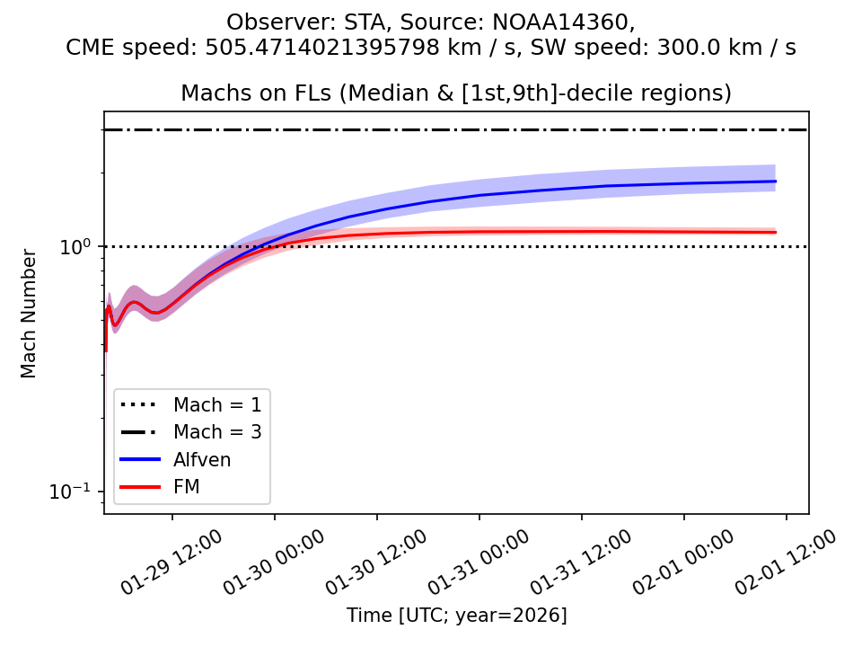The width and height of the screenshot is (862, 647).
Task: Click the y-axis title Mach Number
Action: (x=30, y=313)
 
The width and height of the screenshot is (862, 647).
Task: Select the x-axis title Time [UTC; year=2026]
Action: (x=456, y=616)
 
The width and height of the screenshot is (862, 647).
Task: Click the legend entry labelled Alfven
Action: (x=202, y=459)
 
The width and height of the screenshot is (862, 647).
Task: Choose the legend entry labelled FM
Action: (x=186, y=487)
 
